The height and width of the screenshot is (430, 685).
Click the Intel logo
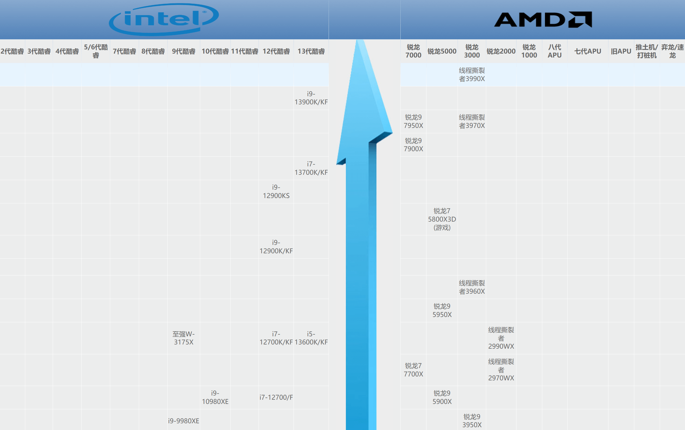click(x=164, y=19)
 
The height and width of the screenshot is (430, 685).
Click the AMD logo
click(x=543, y=20)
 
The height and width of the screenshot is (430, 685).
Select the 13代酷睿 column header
click(x=311, y=51)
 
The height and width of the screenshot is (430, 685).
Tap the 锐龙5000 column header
click(x=442, y=51)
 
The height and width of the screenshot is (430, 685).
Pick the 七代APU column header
click(x=587, y=51)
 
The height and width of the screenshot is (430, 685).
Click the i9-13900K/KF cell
click(x=311, y=98)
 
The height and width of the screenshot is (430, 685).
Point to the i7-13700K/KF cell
click(x=311, y=168)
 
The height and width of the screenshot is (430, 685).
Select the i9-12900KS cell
click(x=276, y=191)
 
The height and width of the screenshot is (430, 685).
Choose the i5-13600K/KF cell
click(x=311, y=338)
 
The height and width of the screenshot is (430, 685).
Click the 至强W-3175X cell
click(x=184, y=338)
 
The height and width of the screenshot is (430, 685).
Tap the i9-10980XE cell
click(x=215, y=397)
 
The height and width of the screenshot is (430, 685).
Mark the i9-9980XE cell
click(x=184, y=421)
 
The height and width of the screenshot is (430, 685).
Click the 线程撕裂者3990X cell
click(x=472, y=75)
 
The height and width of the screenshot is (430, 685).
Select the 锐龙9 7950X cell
click(x=413, y=121)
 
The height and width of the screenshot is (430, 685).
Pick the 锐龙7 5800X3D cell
click(x=442, y=219)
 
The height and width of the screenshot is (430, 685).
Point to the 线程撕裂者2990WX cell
click(x=501, y=338)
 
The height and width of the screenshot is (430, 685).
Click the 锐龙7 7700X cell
click(x=413, y=370)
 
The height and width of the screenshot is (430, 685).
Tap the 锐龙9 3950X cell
click(x=472, y=421)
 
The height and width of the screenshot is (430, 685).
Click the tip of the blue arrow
click(x=360, y=42)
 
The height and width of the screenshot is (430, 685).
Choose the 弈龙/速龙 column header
click(x=672, y=51)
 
